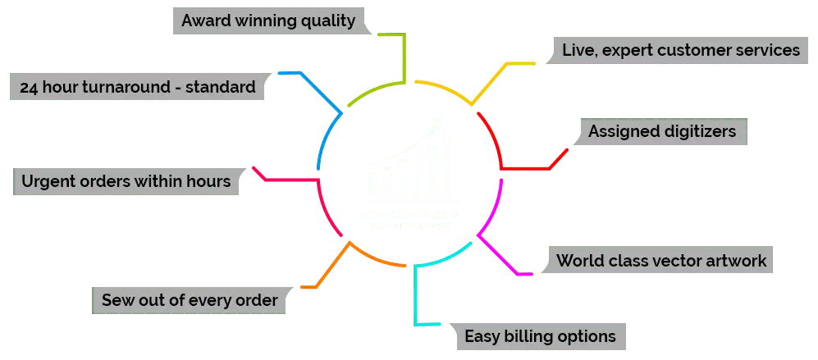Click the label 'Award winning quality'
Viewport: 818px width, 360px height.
[268, 21]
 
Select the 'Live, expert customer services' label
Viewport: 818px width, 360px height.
[680, 50]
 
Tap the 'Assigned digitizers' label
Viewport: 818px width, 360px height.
[662, 130]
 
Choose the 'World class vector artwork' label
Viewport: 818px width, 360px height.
[661, 261]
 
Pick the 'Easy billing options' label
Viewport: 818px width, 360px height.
[540, 335]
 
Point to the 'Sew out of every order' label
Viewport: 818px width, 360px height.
[190, 300]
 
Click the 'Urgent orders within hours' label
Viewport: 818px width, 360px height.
[126, 180]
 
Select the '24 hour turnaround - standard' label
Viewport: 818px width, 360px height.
[137, 86]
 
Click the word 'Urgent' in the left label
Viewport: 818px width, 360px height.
[48, 180]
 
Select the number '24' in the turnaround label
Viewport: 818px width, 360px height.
[29, 86]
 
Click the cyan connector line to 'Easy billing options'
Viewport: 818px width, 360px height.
[418, 295]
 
